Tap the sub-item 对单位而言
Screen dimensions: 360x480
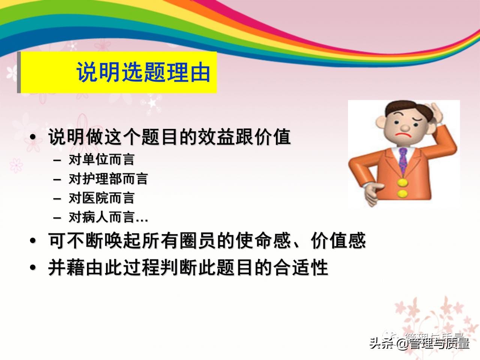pyautogui.click(x=101, y=160)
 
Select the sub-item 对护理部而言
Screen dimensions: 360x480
pyautogui.click(x=108, y=179)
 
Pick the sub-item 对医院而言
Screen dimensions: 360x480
pyautogui.click(x=101, y=198)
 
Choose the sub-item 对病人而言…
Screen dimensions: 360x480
pyautogui.click(x=108, y=217)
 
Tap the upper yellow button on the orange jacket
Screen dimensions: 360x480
pyautogui.click(x=402, y=183)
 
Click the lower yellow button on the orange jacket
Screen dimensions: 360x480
pyautogui.click(x=402, y=194)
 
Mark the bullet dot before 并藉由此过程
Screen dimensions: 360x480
pyautogui.click(x=33, y=268)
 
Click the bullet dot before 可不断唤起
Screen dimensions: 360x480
pyautogui.click(x=33, y=241)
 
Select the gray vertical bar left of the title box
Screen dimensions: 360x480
pyautogui.click(x=19, y=72)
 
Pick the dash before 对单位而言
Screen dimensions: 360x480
pyautogui.click(x=57, y=160)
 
